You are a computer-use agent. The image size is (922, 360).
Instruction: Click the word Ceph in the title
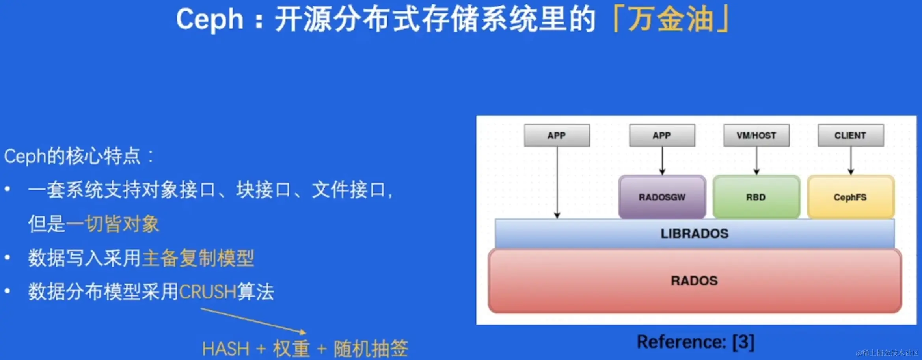[x=209, y=20]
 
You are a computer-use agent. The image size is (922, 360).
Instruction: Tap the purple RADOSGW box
[x=662, y=197]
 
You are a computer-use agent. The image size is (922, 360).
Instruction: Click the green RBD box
[x=756, y=197]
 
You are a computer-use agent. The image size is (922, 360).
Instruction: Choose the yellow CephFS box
[x=850, y=197]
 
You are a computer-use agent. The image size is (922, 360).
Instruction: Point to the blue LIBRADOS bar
[x=694, y=233]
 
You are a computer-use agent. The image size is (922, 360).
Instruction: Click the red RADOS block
[x=694, y=281]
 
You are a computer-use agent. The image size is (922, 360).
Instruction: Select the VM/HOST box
[x=756, y=136]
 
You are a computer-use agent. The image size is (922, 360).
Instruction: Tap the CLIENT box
[x=850, y=136]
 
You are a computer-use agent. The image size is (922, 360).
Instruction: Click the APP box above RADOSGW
[x=661, y=136]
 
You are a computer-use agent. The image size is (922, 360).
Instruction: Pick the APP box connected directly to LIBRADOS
[x=557, y=136]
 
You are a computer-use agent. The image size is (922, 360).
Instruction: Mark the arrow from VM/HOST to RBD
[x=756, y=161]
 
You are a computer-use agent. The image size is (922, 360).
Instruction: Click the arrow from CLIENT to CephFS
[x=851, y=161]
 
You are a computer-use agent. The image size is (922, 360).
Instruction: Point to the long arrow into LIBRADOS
[x=557, y=181]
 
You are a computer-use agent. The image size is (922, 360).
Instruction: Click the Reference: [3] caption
[x=695, y=342]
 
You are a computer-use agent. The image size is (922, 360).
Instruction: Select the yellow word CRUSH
[x=207, y=292]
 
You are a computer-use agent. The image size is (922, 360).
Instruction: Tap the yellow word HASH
[x=225, y=349]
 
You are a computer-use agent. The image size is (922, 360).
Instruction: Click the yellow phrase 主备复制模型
[x=198, y=259]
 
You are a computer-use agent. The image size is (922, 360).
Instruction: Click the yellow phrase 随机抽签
[x=371, y=349]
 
